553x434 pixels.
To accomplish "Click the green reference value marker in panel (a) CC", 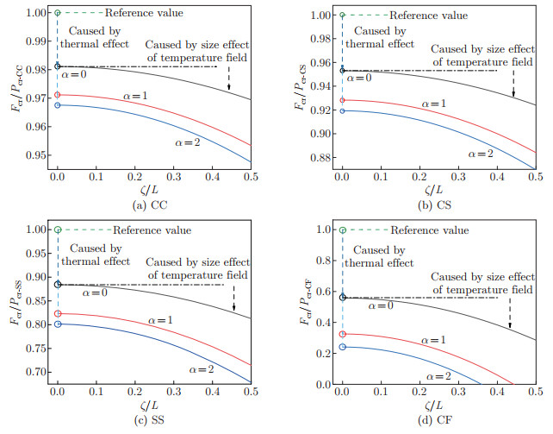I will tap(57, 13).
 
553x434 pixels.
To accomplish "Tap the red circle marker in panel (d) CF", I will tap(342, 334).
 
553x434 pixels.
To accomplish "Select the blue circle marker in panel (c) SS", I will tap(57, 324).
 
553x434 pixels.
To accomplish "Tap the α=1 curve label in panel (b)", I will tap(436, 104).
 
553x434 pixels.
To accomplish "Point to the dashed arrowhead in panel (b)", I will tap(513, 93).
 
